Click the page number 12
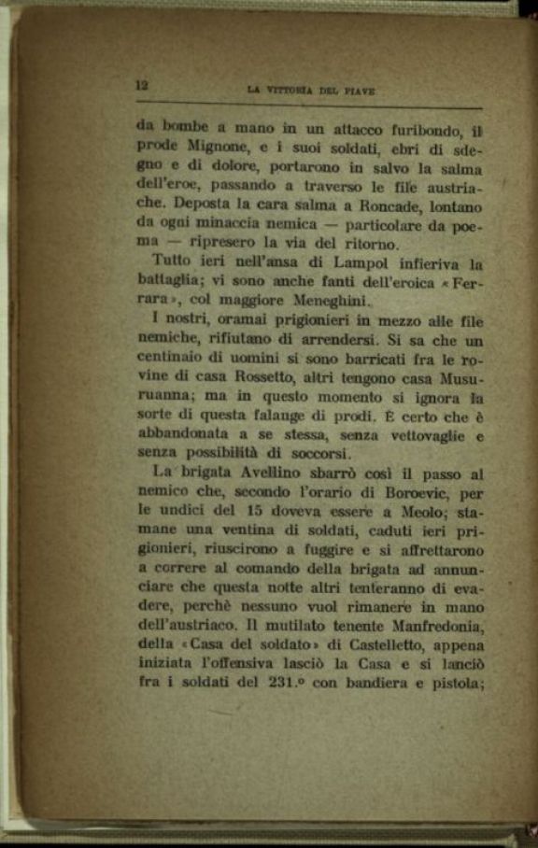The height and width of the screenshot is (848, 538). pos(142,85)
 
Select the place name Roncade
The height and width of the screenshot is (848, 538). pos(383,206)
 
